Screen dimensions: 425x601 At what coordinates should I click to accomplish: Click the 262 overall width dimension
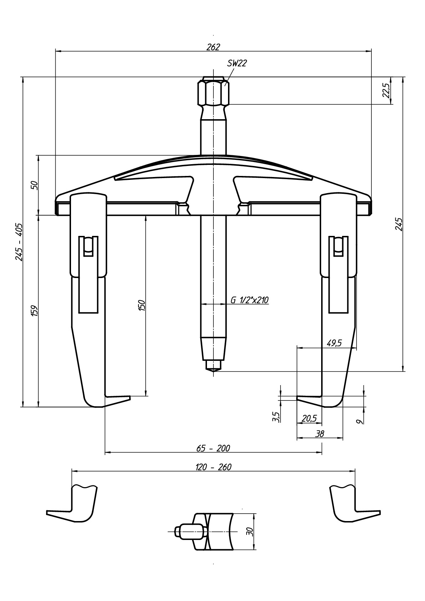pos(213,47)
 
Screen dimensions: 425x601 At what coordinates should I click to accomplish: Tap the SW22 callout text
pos(237,63)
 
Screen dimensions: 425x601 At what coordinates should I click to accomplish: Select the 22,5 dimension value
pos(386,90)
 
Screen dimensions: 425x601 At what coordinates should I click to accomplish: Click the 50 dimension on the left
pos(35,185)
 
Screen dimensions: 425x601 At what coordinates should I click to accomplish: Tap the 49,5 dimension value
pos(334,343)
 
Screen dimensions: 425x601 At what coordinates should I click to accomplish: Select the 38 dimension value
pos(320,434)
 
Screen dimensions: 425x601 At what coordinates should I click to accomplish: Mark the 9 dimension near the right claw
pos(361,421)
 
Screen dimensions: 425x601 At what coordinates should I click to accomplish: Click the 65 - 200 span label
pos(213,448)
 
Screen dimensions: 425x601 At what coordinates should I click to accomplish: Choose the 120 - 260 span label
pos(213,467)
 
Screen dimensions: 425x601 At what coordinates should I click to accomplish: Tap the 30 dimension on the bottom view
pos(250,530)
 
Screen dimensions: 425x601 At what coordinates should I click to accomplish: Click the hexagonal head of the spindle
pos(214,91)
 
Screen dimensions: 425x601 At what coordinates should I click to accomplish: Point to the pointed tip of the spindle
pos(214,372)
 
